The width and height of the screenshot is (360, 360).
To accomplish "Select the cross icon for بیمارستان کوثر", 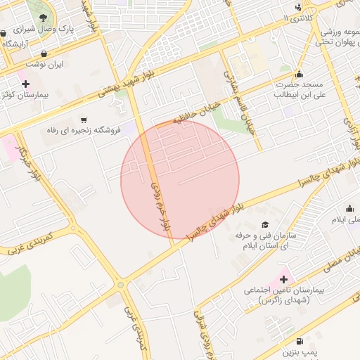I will pos(25,84).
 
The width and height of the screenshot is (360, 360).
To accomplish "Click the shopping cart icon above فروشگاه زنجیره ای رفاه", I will pos(85,120).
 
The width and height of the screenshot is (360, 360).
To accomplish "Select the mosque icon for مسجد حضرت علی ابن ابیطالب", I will pos(299,75).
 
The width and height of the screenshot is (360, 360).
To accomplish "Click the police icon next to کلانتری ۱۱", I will pos(300,8).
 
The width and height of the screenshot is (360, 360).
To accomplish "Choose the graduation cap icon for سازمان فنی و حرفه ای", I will pos(265,225).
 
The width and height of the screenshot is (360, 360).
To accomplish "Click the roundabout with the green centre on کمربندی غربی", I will pos(121,285).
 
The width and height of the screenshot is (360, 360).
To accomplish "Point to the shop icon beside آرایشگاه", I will pos(4,33).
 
